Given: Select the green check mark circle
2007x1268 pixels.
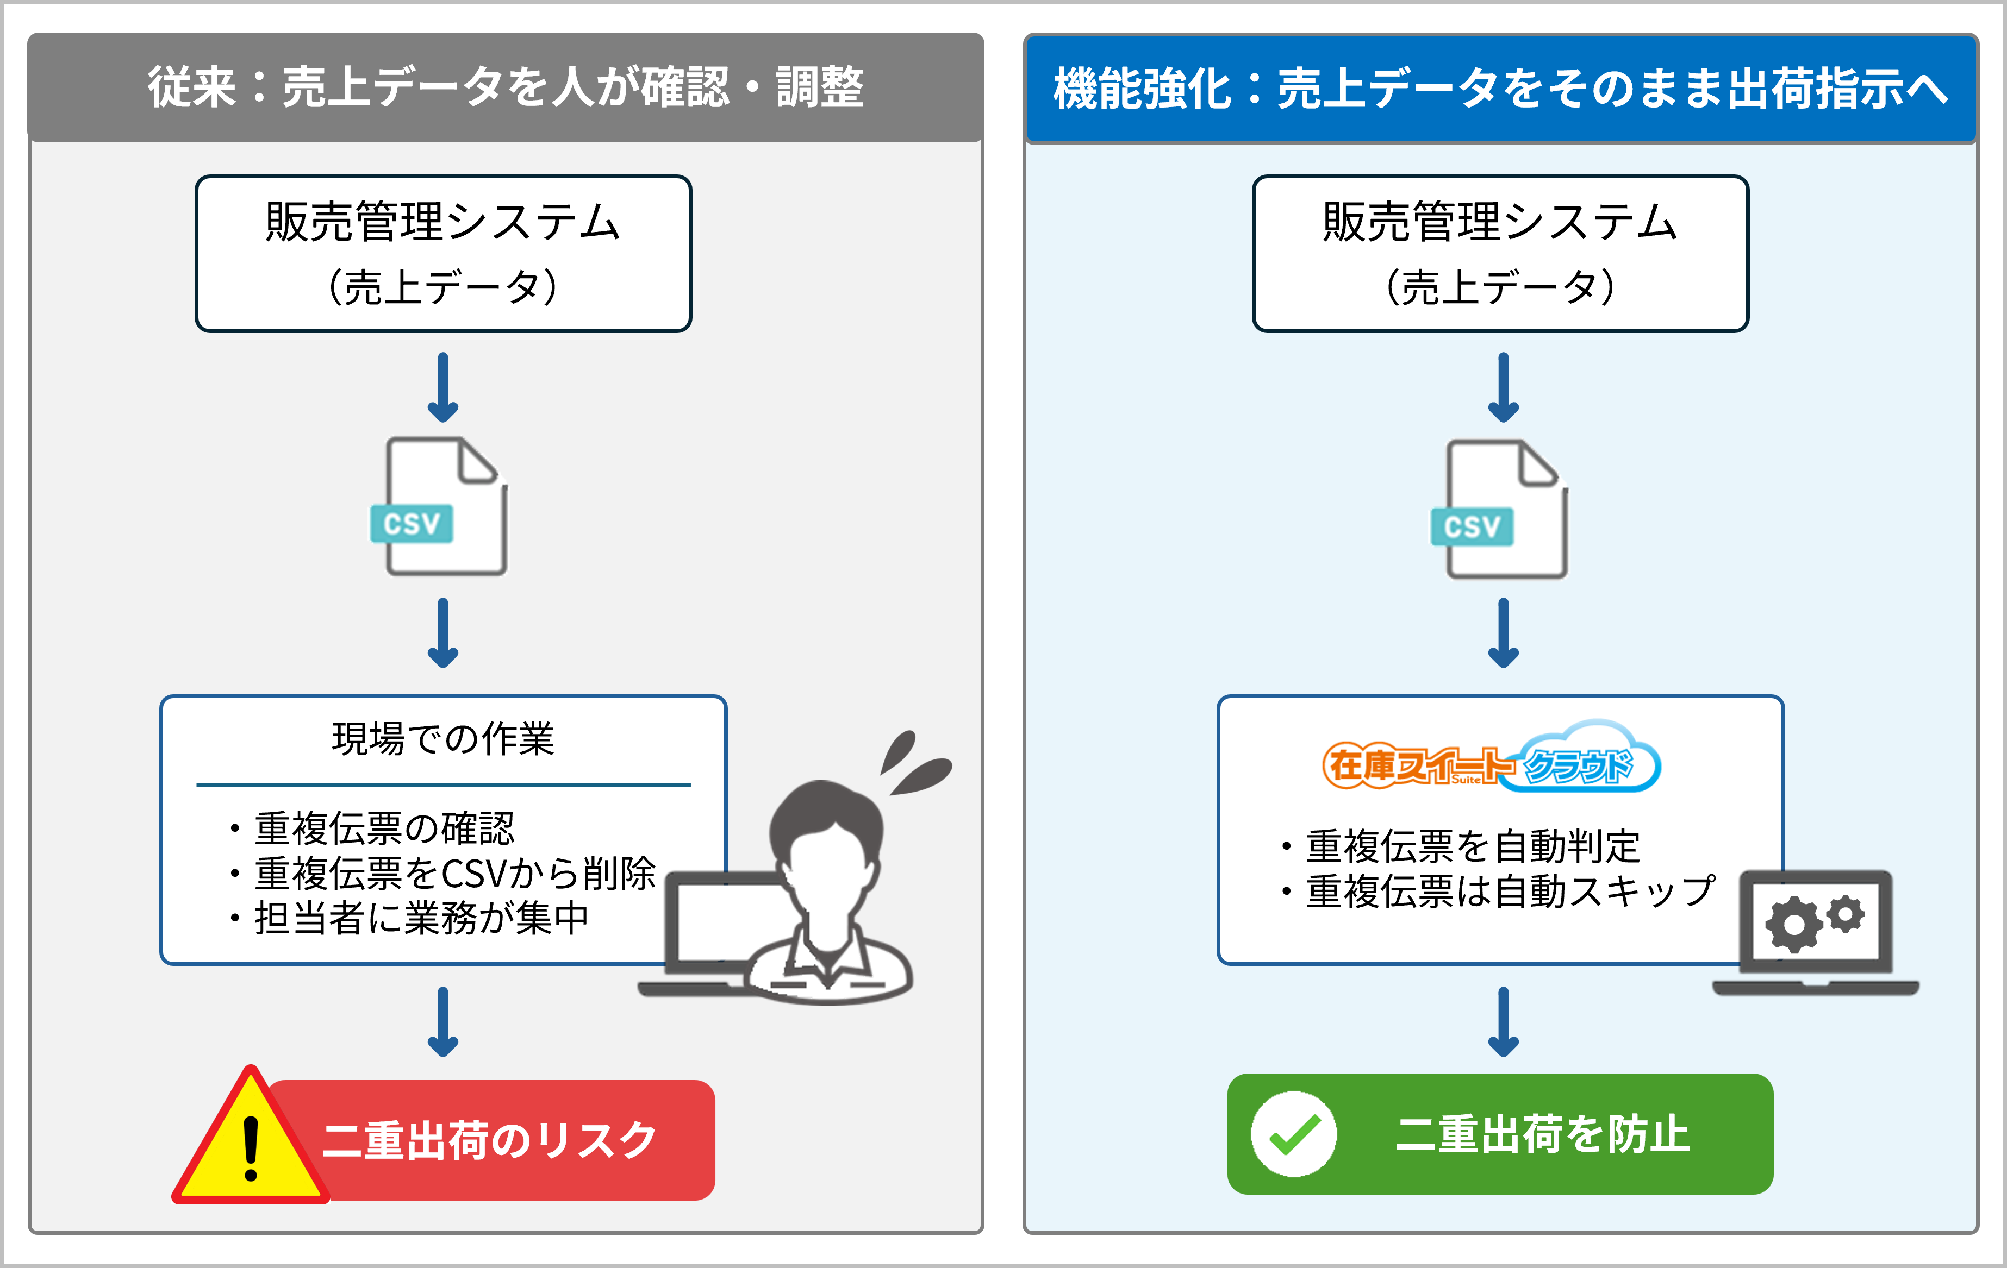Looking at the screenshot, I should (1294, 1134).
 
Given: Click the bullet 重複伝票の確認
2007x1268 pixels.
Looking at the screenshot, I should (383, 828).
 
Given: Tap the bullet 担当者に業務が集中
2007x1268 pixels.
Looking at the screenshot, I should (421, 919).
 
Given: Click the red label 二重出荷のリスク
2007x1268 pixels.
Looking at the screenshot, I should (490, 1140).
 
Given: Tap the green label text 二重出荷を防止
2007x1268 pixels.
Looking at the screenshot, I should (1542, 1134).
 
